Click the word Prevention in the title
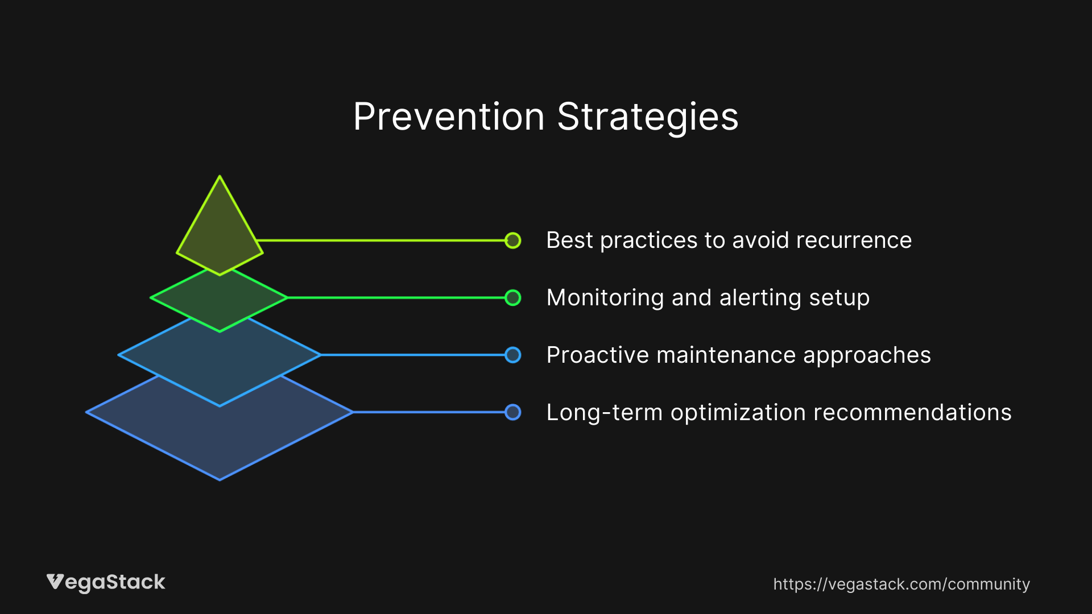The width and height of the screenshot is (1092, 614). [x=449, y=117]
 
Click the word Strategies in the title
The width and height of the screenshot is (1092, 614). [x=647, y=117]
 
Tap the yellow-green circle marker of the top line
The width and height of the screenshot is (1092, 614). [x=512, y=240]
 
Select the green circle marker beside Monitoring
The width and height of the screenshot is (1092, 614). [x=512, y=298]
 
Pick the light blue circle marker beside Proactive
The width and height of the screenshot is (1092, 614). [x=512, y=355]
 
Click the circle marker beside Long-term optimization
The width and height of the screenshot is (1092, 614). [x=512, y=412]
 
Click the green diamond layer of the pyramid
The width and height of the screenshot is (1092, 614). [x=220, y=301]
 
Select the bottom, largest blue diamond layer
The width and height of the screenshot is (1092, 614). [x=220, y=438]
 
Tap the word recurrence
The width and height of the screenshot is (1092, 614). [x=854, y=240]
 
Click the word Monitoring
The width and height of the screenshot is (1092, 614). [x=605, y=298]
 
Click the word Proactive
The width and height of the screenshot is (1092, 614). [x=597, y=355]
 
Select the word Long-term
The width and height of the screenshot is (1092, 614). [x=604, y=413]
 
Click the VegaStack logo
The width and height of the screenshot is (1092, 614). [x=106, y=582]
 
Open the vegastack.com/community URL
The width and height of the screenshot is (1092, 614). [x=901, y=584]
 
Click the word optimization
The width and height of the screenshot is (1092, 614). [x=738, y=413]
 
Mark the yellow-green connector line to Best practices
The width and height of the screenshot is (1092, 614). [x=381, y=240]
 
